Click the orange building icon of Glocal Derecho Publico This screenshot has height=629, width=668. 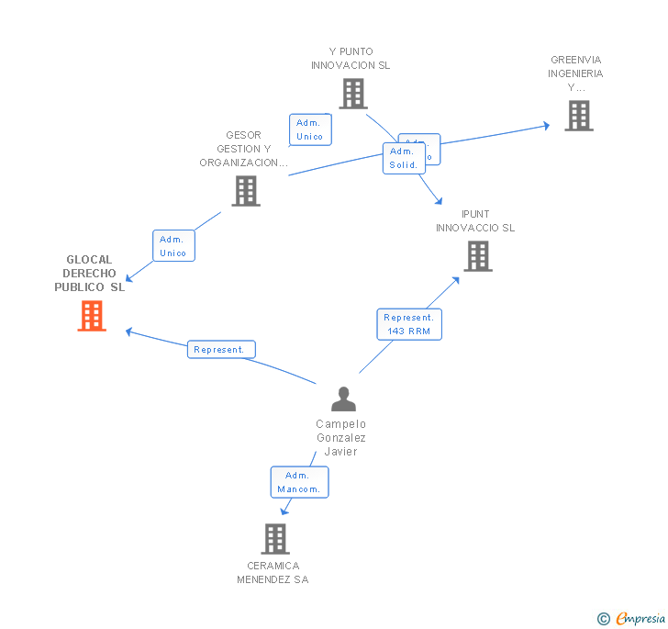(92, 316)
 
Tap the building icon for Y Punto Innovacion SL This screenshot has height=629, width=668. (353, 94)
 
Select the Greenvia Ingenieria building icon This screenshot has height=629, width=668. (578, 116)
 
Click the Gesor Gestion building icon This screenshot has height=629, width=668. (246, 191)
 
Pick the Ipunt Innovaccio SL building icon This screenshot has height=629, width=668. (478, 256)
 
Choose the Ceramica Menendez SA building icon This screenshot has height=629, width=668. (275, 539)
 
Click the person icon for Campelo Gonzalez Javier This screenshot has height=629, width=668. (343, 399)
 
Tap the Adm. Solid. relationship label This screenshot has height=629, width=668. (404, 159)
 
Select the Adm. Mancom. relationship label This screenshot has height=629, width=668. (299, 482)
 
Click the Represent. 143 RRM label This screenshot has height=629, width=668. (408, 324)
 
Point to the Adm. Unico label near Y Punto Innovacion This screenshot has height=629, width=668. (310, 129)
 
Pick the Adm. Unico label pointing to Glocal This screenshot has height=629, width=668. (173, 246)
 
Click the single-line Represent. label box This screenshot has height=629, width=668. (221, 350)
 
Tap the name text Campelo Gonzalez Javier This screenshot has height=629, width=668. (341, 437)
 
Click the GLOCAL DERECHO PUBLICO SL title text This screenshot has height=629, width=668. (89, 274)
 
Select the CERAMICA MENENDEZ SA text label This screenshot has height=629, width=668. (273, 573)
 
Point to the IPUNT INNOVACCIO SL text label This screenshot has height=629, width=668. (475, 221)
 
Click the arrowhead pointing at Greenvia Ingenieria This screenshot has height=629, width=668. (547, 126)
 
